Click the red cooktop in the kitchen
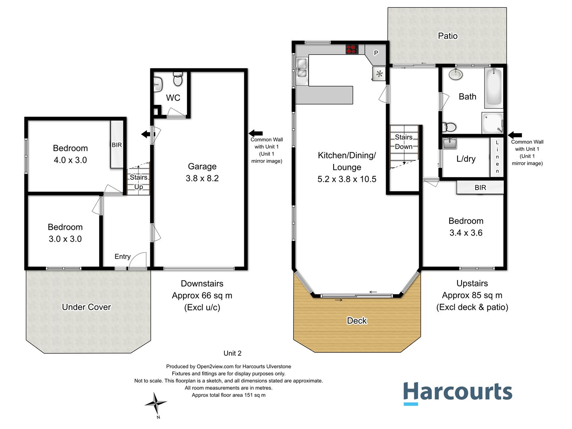click(x=352, y=49)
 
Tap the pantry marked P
click(x=375, y=54)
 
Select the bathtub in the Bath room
click(x=494, y=88)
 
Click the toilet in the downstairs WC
click(x=178, y=79)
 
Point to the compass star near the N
click(x=156, y=403)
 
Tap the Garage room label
click(x=202, y=166)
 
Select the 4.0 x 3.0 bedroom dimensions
click(x=70, y=160)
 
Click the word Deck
click(x=357, y=321)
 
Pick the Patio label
click(x=447, y=36)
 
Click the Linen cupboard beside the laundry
click(x=497, y=157)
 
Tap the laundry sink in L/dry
click(x=450, y=143)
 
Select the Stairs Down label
click(x=404, y=142)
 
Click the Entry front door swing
click(x=137, y=260)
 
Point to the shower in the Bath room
click(x=493, y=123)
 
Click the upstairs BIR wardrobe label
click(x=480, y=187)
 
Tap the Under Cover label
click(x=86, y=307)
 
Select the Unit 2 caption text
click(x=232, y=353)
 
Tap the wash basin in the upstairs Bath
click(x=456, y=74)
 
